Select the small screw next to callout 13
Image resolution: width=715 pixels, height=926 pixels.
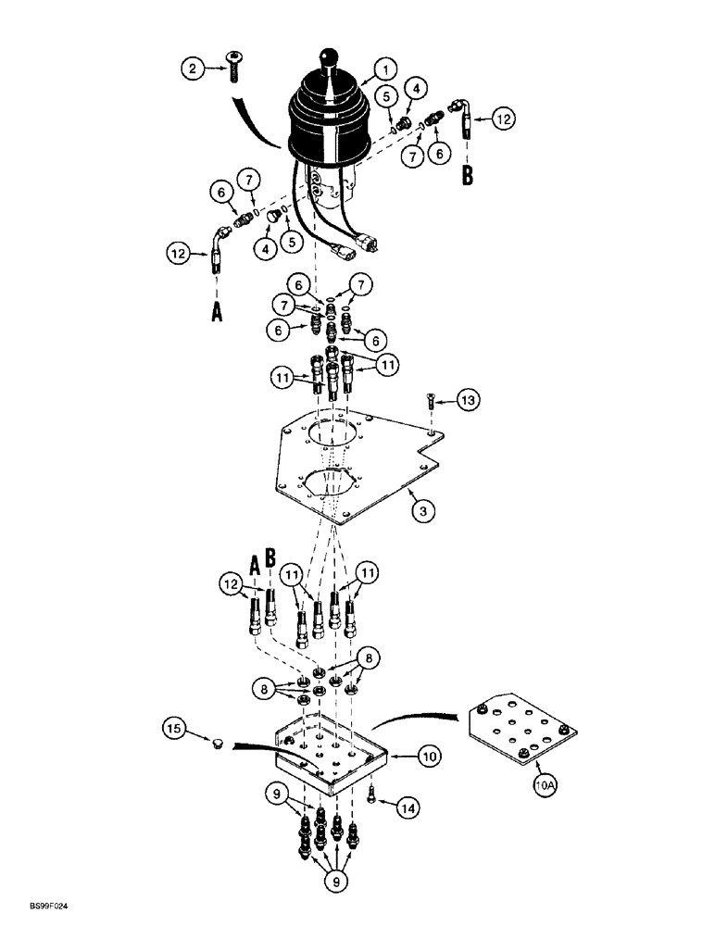click(x=433, y=403)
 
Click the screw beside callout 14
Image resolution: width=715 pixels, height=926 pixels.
click(x=371, y=794)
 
